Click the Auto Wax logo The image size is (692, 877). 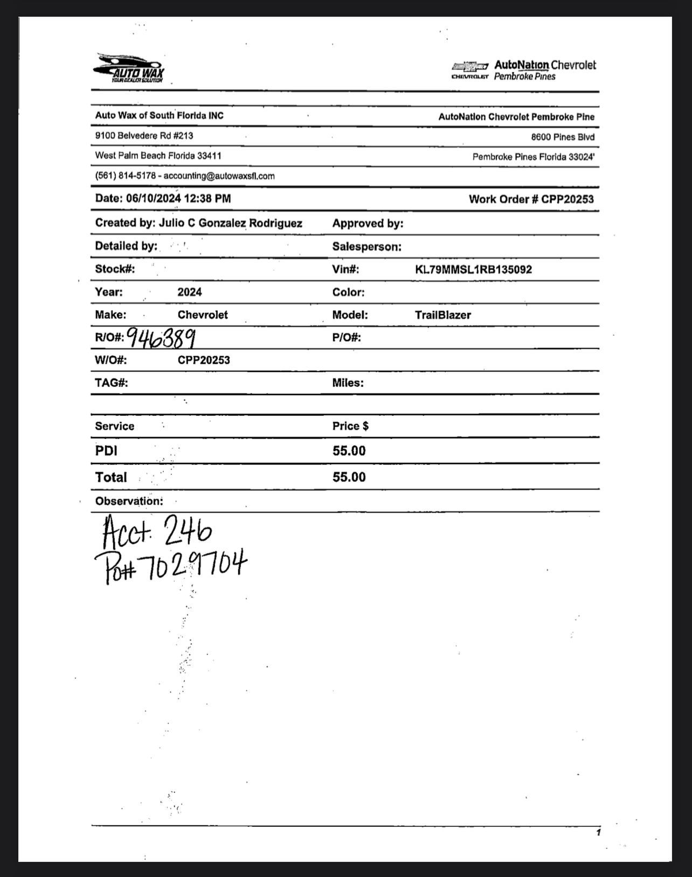point(129,68)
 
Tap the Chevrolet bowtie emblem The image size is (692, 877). point(470,66)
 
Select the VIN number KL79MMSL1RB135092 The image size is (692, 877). point(473,269)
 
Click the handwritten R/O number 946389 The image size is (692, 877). point(161,338)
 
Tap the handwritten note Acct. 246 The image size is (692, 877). point(157,531)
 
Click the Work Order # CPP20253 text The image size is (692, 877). point(531,199)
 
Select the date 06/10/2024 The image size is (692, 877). point(154,198)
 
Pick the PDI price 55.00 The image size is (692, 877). point(349,451)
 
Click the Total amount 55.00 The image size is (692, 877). point(349,477)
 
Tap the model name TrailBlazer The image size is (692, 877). point(442,315)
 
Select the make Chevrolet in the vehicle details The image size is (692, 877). point(203,315)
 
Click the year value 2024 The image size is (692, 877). point(190,293)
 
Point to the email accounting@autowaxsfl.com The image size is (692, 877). point(219,176)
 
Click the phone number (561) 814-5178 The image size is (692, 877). point(126,176)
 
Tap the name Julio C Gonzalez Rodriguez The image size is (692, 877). point(230,224)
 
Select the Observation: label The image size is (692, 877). point(129,501)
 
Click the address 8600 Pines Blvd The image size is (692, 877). point(563,137)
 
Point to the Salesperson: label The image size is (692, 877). point(366,247)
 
